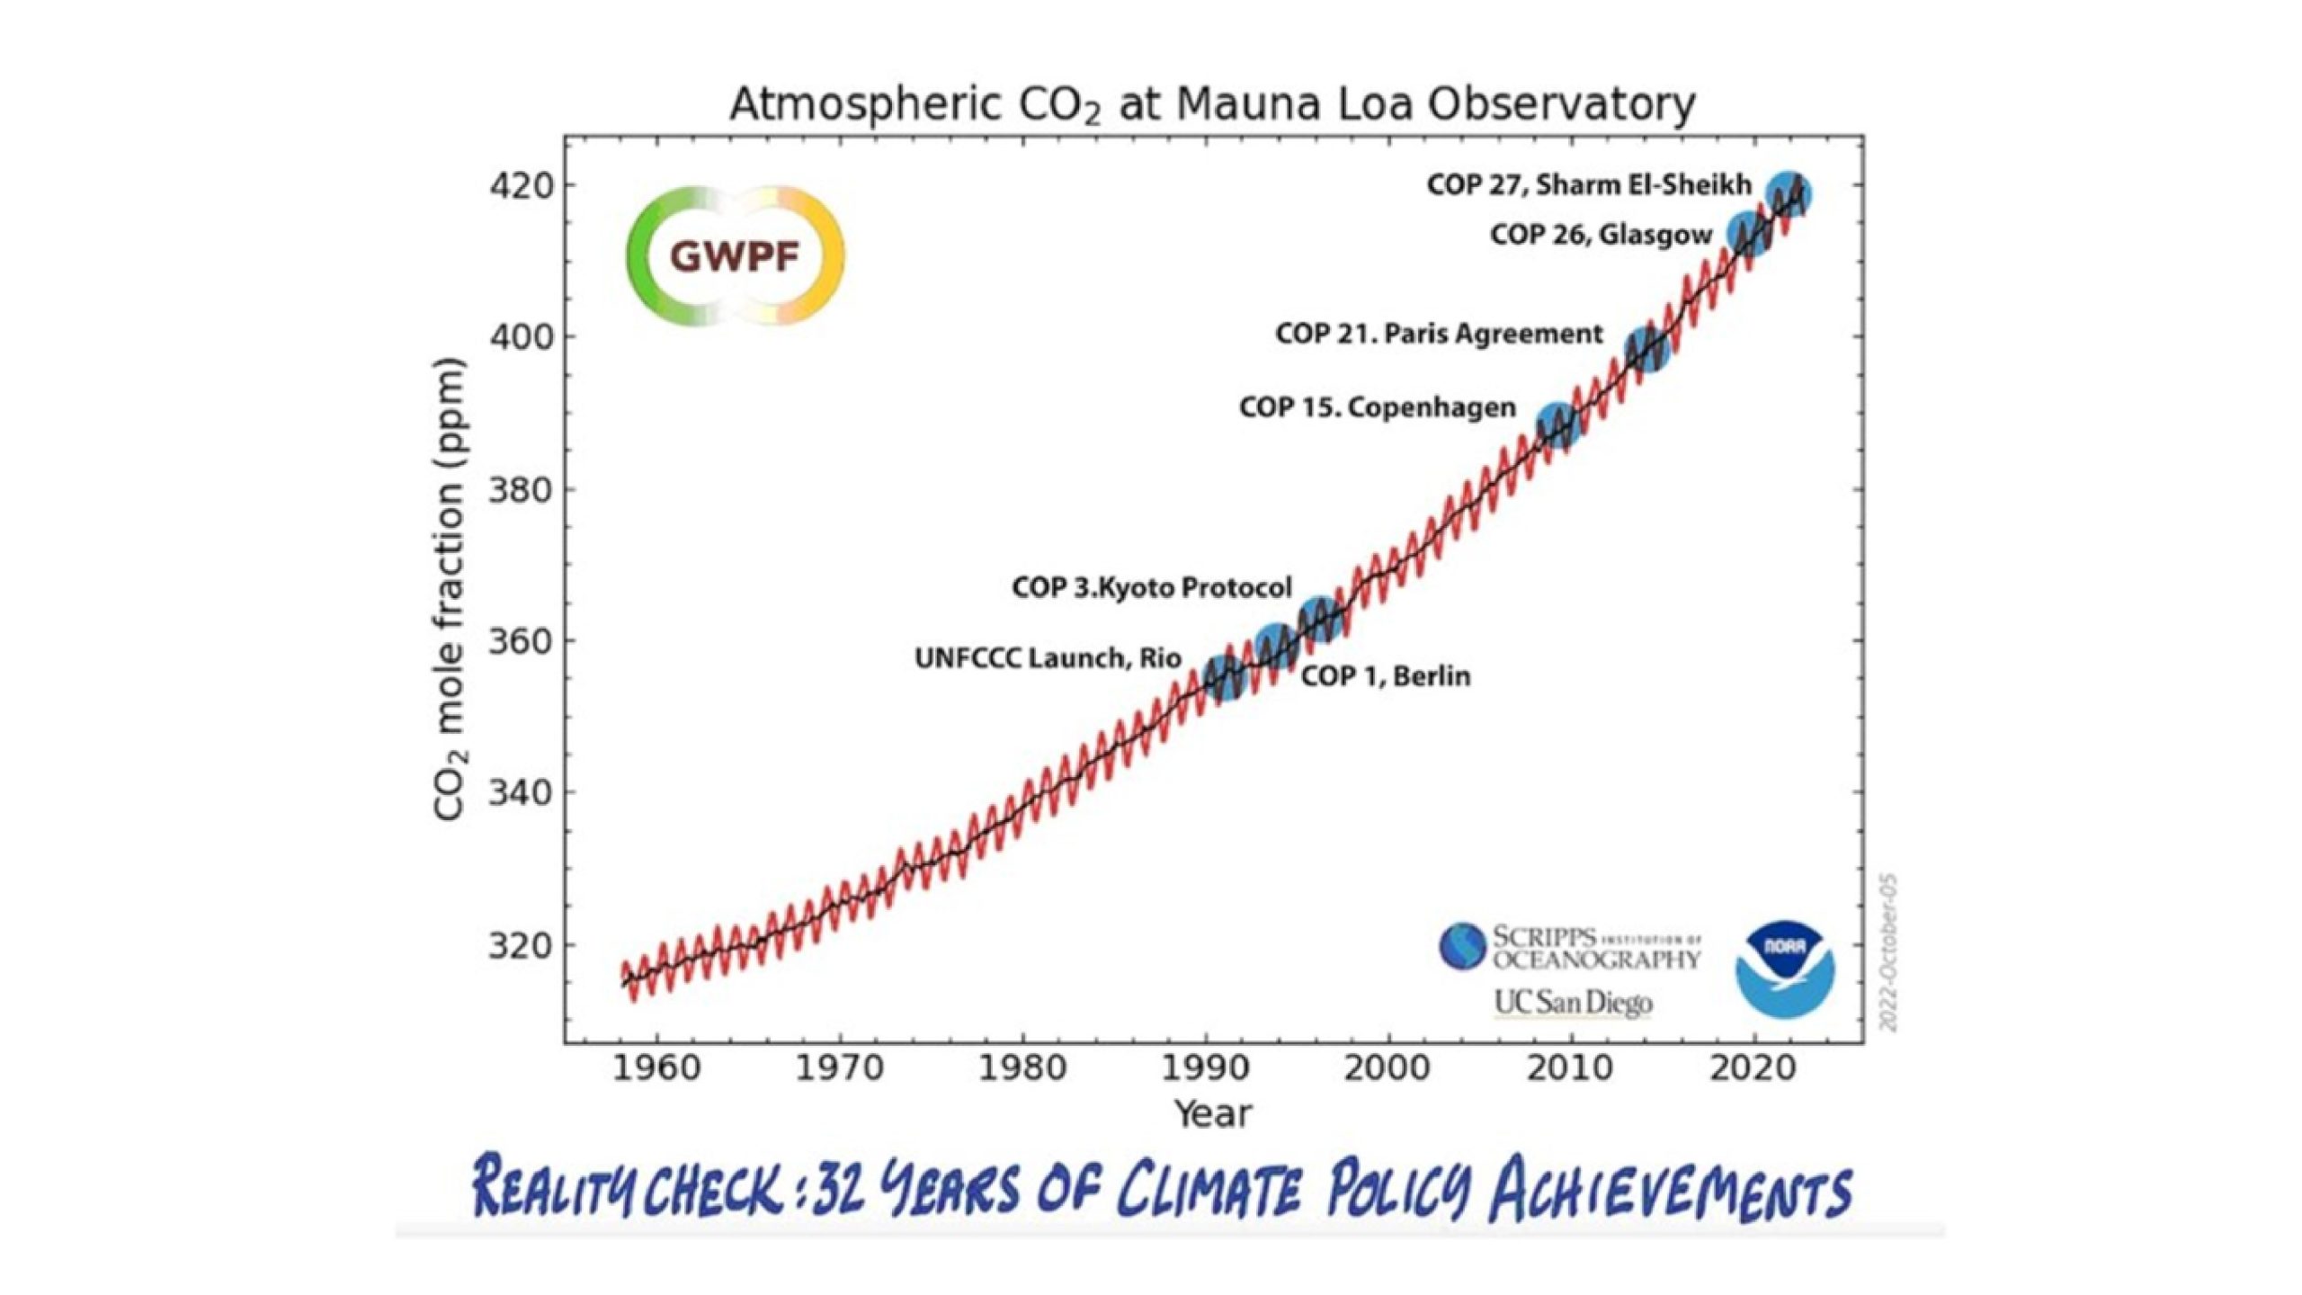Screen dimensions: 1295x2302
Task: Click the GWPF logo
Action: pyautogui.click(x=735, y=256)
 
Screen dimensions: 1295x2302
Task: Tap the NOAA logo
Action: pyautogui.click(x=1784, y=969)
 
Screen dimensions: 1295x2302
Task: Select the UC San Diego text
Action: pyautogui.click(x=1573, y=1002)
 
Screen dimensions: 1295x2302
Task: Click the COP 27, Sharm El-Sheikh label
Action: pyautogui.click(x=1589, y=185)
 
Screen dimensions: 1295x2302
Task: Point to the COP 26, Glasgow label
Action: pyautogui.click(x=1601, y=235)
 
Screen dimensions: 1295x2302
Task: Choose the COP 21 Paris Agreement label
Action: pyautogui.click(x=1439, y=334)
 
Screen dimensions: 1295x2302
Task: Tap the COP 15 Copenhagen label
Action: pyautogui.click(x=1378, y=407)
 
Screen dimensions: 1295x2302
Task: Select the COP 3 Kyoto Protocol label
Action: pyautogui.click(x=1152, y=587)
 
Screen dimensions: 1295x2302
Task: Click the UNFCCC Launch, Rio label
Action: pyautogui.click(x=1048, y=658)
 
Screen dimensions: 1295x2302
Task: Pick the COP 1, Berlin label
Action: pyautogui.click(x=1386, y=675)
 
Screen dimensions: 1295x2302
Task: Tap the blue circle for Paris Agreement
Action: pyautogui.click(x=1647, y=349)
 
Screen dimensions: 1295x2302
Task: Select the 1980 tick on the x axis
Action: pyautogui.click(x=1022, y=1068)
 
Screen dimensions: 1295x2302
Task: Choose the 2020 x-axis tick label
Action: pyautogui.click(x=1754, y=1068)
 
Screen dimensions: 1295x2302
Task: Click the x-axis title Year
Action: pyautogui.click(x=1213, y=1114)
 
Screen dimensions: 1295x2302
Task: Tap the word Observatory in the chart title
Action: pyautogui.click(x=1561, y=104)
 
